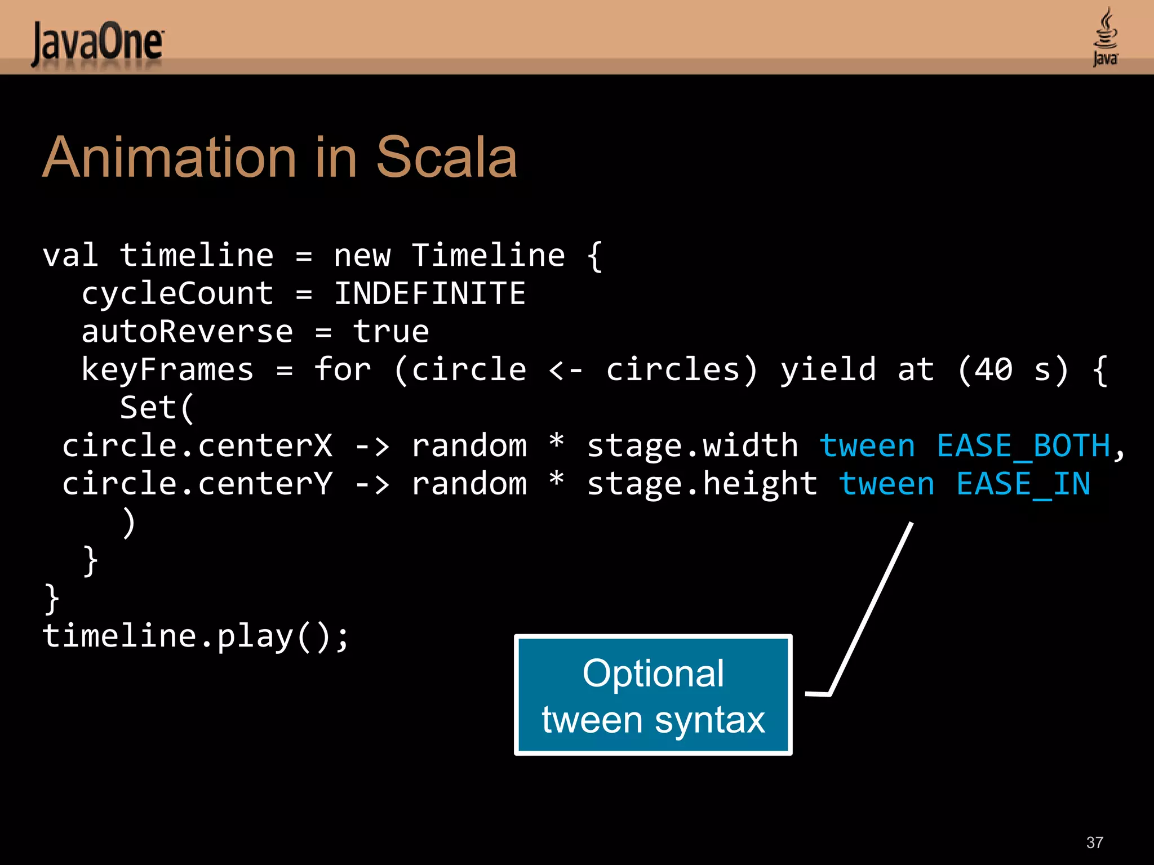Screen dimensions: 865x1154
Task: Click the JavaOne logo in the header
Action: (97, 43)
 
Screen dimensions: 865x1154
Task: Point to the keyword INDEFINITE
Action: (429, 293)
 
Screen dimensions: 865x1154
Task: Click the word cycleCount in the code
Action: (177, 295)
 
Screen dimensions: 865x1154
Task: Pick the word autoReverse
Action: (187, 332)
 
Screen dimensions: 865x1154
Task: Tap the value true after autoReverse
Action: (391, 332)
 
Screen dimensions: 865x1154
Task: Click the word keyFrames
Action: (167, 370)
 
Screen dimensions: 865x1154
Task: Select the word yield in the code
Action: (828, 370)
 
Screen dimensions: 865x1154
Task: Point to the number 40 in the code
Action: (993, 370)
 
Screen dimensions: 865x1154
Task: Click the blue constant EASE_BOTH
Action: (1023, 446)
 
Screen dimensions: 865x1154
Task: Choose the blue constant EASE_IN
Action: (1023, 484)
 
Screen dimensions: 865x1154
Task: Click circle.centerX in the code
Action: (197, 446)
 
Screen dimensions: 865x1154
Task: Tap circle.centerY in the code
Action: (197, 484)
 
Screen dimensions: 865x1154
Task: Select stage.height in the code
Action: (702, 484)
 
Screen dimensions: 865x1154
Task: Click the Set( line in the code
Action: (157, 408)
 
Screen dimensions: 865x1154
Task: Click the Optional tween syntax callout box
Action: (653, 695)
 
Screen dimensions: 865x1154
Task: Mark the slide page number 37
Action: (1094, 842)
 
